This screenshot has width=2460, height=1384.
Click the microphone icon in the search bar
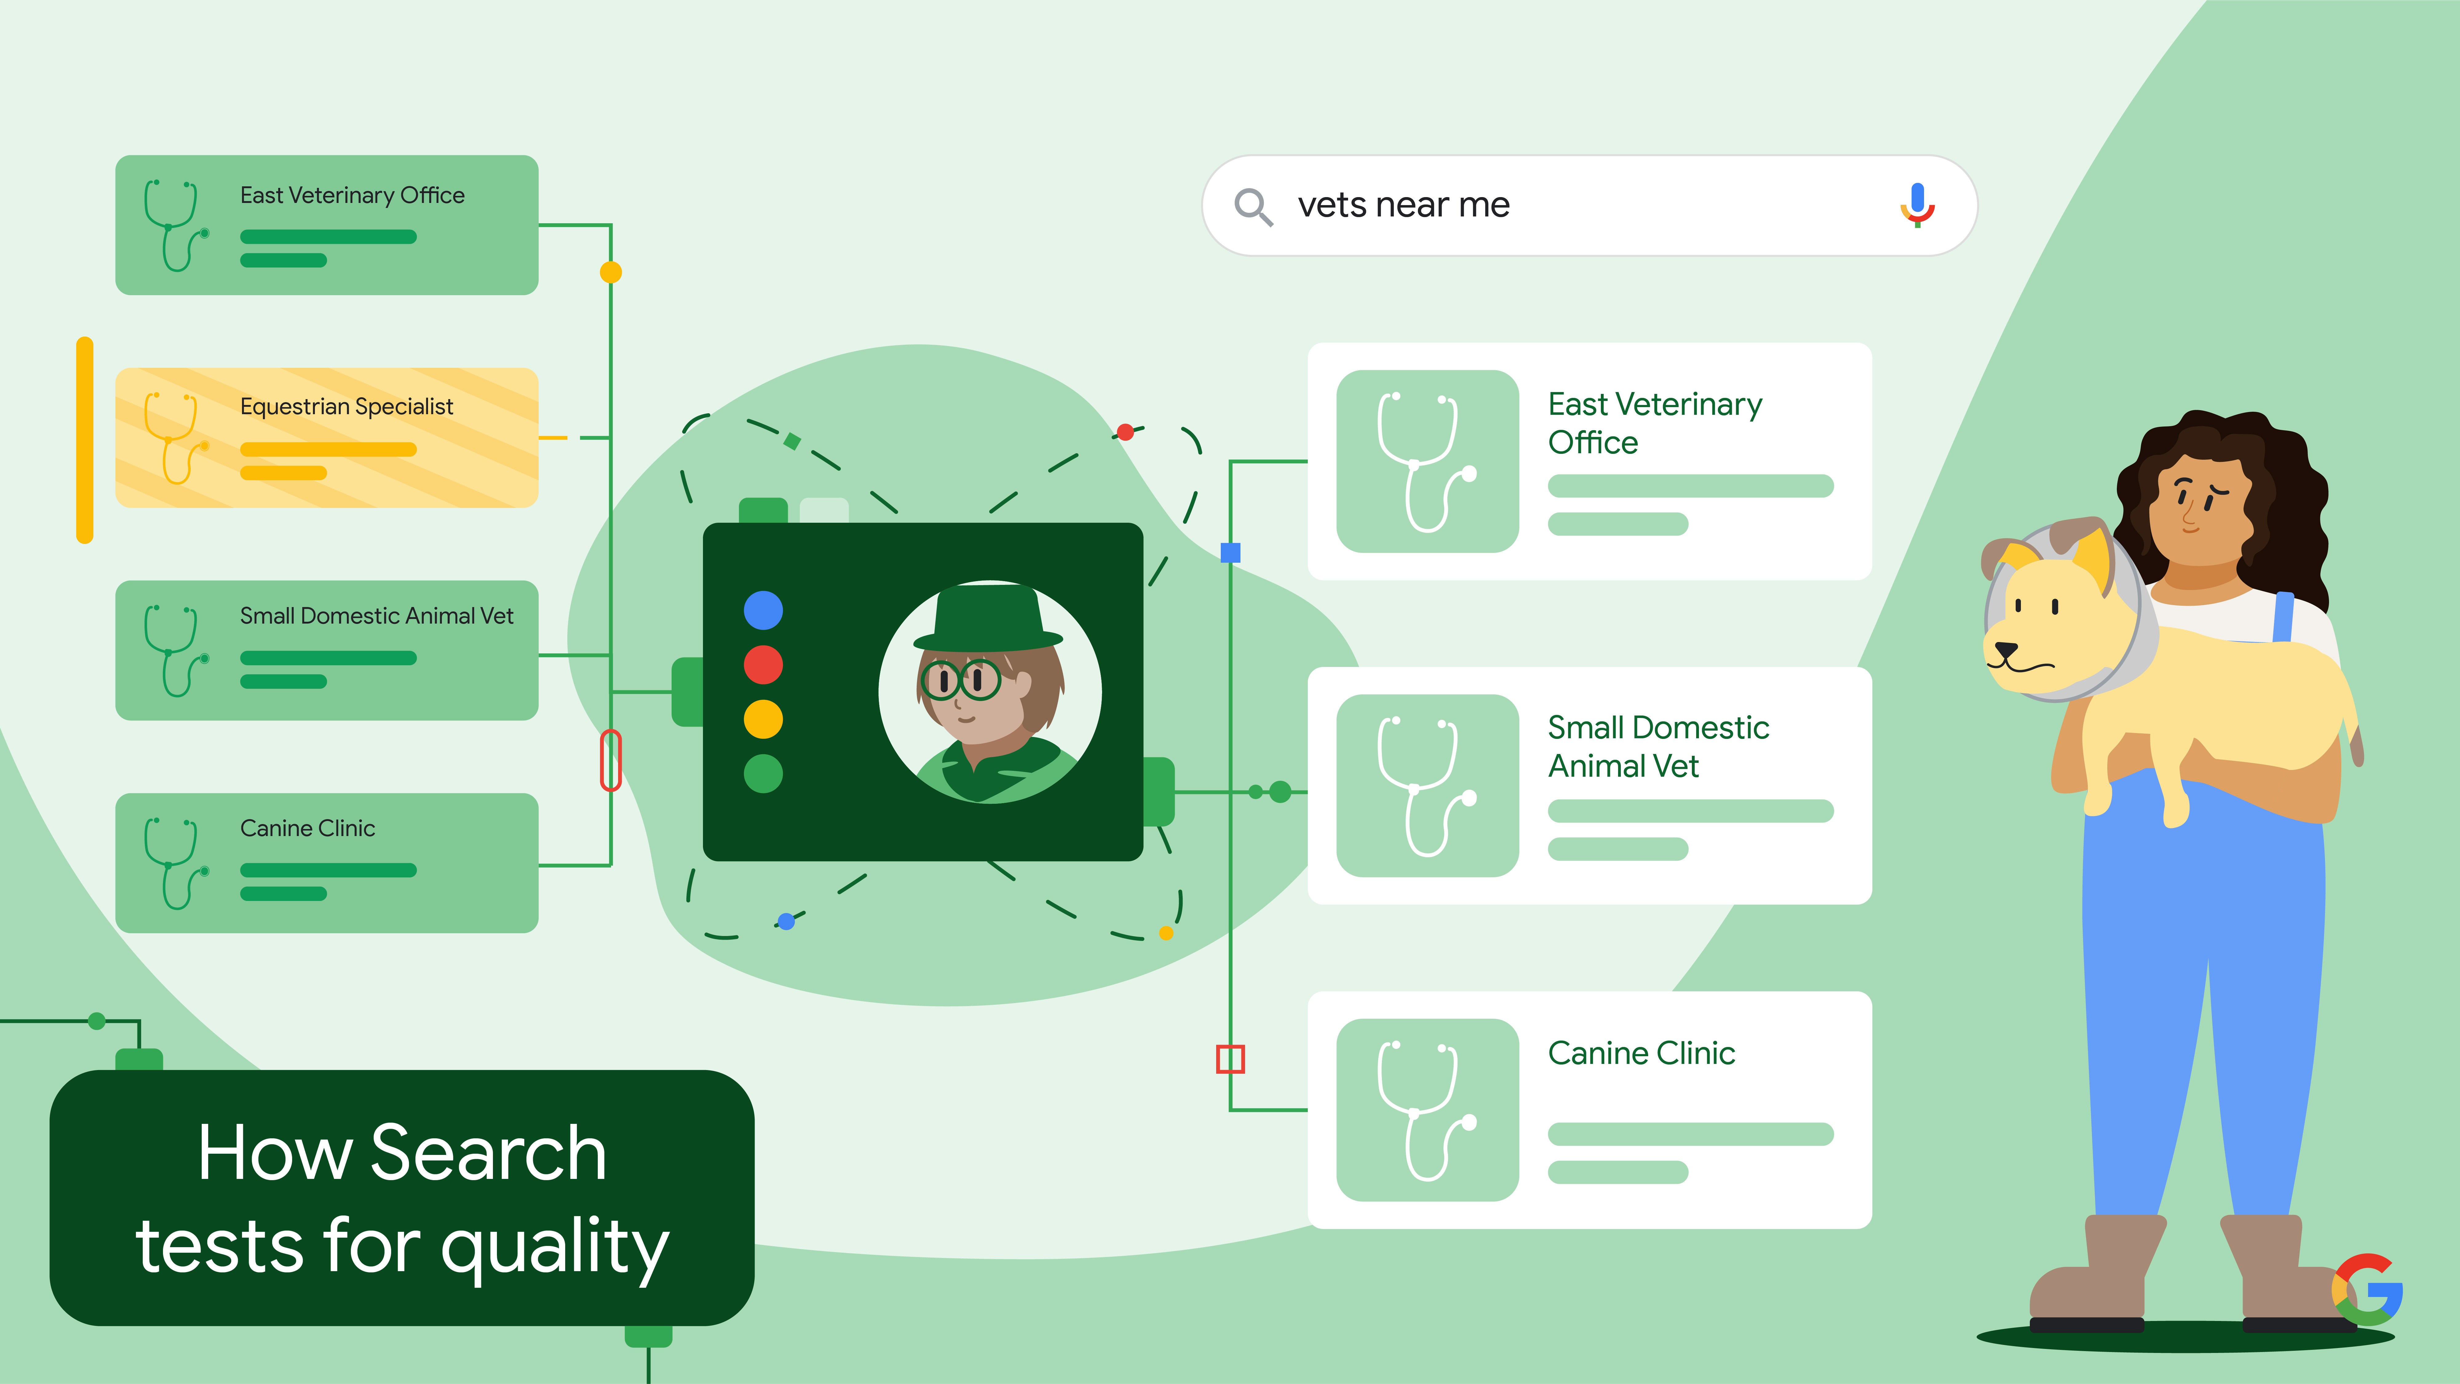[x=1916, y=204]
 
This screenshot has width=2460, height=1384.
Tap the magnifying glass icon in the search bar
[x=1252, y=206]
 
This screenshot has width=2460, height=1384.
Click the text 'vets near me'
[x=1403, y=205]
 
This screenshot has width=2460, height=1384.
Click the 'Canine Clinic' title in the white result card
[x=1641, y=1053]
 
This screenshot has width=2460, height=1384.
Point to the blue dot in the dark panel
[x=763, y=610]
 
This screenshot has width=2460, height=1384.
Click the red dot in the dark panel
[x=763, y=665]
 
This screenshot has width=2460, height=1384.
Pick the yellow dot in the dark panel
[x=763, y=719]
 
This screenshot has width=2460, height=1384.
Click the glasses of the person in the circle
[x=960, y=680]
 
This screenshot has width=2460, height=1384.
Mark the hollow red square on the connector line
[x=1230, y=1059]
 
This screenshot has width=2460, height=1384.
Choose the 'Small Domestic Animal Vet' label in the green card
[x=376, y=616]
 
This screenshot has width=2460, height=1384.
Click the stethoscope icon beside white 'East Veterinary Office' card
[x=1427, y=461]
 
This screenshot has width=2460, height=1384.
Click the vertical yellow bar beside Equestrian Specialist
[x=85, y=439]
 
